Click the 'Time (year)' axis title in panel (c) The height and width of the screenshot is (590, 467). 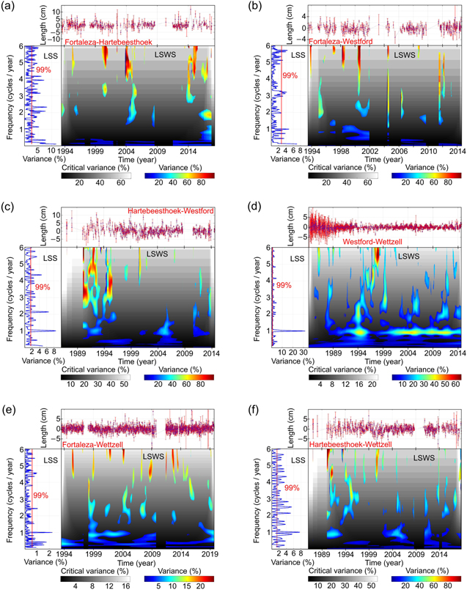tap(135, 360)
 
